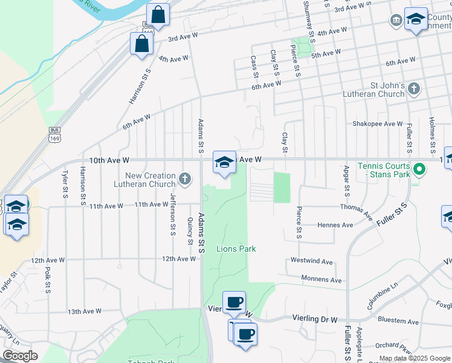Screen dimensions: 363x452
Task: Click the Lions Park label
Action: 236,249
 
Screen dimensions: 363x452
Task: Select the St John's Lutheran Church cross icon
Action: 413,90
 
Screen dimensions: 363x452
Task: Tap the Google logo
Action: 20,356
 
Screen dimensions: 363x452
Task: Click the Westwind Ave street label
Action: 311,262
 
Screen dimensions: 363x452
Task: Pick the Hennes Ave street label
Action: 335,225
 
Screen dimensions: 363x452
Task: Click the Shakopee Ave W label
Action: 378,124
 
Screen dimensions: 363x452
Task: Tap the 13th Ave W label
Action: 84,312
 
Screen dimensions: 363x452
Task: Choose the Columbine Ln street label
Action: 383,296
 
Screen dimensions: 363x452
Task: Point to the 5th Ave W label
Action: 326,54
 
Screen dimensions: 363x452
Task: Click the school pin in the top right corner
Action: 416,19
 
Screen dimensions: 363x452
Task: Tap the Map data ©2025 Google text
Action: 415,358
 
